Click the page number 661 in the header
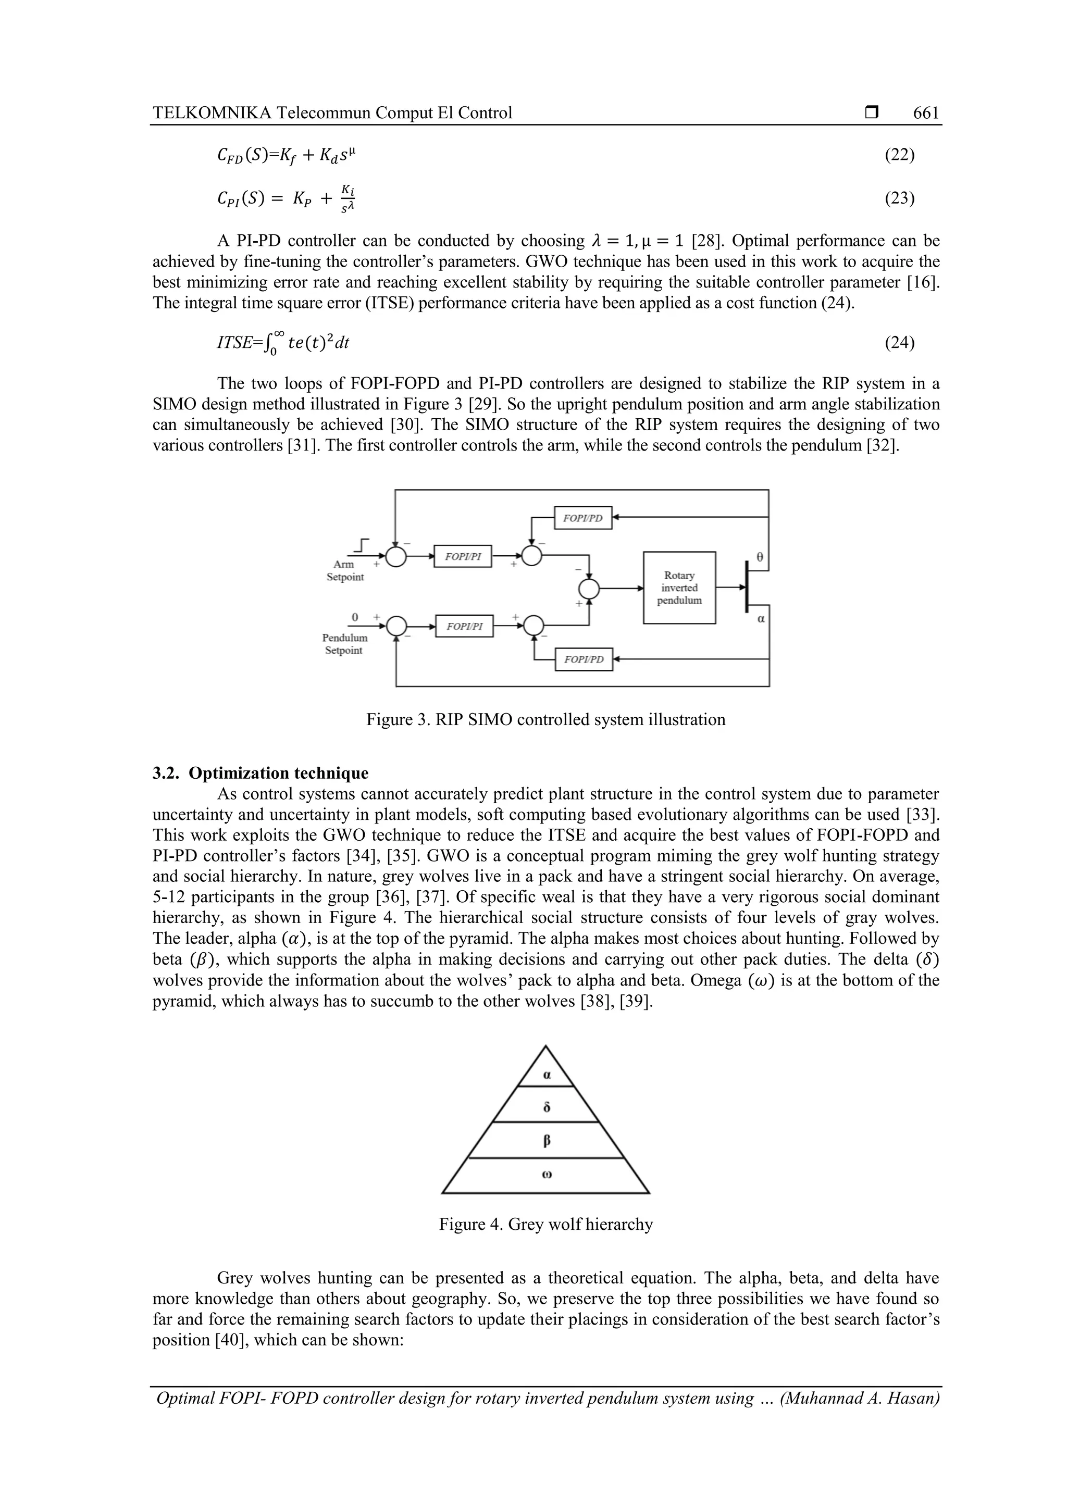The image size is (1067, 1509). (926, 113)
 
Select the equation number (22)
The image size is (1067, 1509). (899, 155)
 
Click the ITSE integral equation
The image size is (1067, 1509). (283, 343)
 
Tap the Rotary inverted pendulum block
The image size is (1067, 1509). (679, 588)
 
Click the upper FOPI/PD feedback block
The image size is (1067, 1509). (582, 518)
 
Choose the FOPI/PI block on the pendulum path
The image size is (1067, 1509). (464, 626)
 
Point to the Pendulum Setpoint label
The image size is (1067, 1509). (344, 644)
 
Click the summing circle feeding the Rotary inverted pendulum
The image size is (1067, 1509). (589, 588)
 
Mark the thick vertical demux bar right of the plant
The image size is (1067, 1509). (747, 585)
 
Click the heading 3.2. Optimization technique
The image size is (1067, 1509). (260, 773)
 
